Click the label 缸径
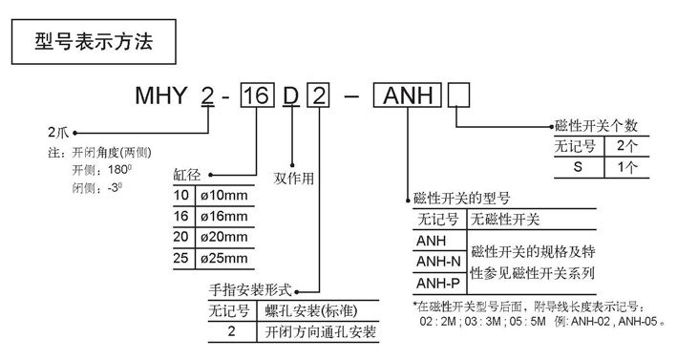click(187, 175)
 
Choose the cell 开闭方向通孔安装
click(317, 332)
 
